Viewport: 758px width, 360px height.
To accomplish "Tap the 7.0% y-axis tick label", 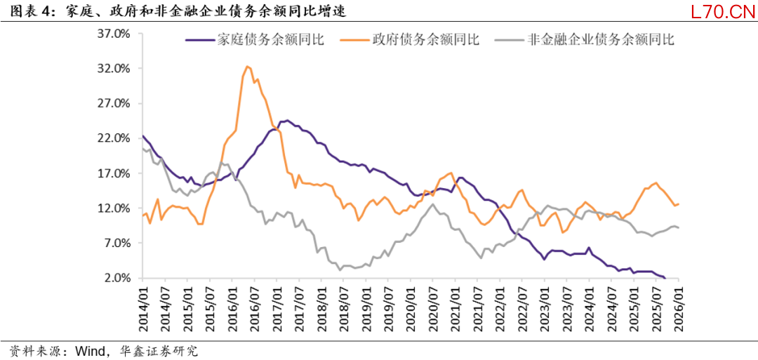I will [118, 243].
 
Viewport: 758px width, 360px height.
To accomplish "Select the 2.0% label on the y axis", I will [118, 278].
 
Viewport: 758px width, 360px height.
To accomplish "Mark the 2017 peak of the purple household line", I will [286, 120].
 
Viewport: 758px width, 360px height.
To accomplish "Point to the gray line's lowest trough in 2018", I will [340, 269].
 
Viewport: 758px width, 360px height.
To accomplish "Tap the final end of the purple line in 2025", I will [665, 278].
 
